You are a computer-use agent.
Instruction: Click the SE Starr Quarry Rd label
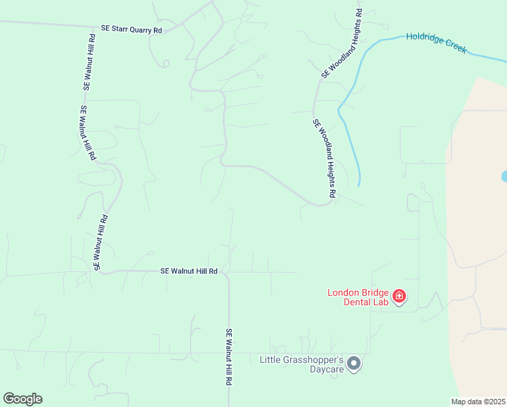tap(131, 30)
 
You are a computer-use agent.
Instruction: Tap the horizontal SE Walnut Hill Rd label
tap(188, 271)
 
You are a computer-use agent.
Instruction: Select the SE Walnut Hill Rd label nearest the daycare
tap(229, 357)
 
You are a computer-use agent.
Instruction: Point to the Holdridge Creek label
tap(437, 43)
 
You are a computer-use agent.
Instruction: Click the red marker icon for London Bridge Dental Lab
tap(399, 296)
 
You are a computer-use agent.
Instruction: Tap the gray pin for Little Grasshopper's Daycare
tap(353, 364)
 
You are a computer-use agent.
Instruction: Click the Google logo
tap(22, 399)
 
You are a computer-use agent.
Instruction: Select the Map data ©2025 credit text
tap(478, 401)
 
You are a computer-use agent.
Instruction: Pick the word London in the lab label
tap(343, 292)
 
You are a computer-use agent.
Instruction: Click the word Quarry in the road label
tap(138, 30)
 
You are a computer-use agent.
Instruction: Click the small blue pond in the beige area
tap(504, 176)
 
